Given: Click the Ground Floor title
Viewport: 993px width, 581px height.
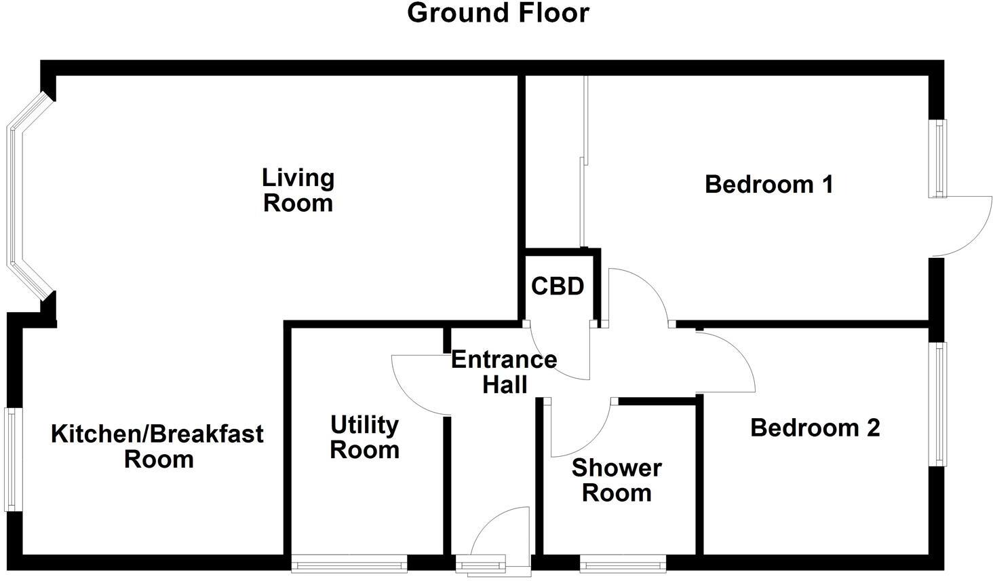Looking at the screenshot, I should coord(498,13).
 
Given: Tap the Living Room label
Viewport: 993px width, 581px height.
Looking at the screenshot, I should coord(298,191).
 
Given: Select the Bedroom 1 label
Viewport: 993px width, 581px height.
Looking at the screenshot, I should coord(768,184).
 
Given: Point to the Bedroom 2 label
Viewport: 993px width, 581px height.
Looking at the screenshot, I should coord(815,428).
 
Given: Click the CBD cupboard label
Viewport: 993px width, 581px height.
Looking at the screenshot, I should coord(558,286).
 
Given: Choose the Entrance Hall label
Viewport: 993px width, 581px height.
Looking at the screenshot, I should coord(504,371).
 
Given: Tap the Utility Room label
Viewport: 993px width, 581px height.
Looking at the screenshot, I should coord(364,437).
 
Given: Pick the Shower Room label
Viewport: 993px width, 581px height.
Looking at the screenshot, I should coord(617,480).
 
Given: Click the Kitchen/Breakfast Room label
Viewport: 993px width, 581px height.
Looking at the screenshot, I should coord(157,446).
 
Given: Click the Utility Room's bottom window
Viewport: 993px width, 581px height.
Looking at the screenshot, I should coord(349,563).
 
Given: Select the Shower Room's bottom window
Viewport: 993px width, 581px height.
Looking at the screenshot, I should coord(623,563).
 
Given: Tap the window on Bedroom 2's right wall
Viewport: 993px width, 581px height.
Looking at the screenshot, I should coord(938,404).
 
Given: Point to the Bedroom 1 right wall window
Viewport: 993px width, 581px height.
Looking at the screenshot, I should coord(938,158).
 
